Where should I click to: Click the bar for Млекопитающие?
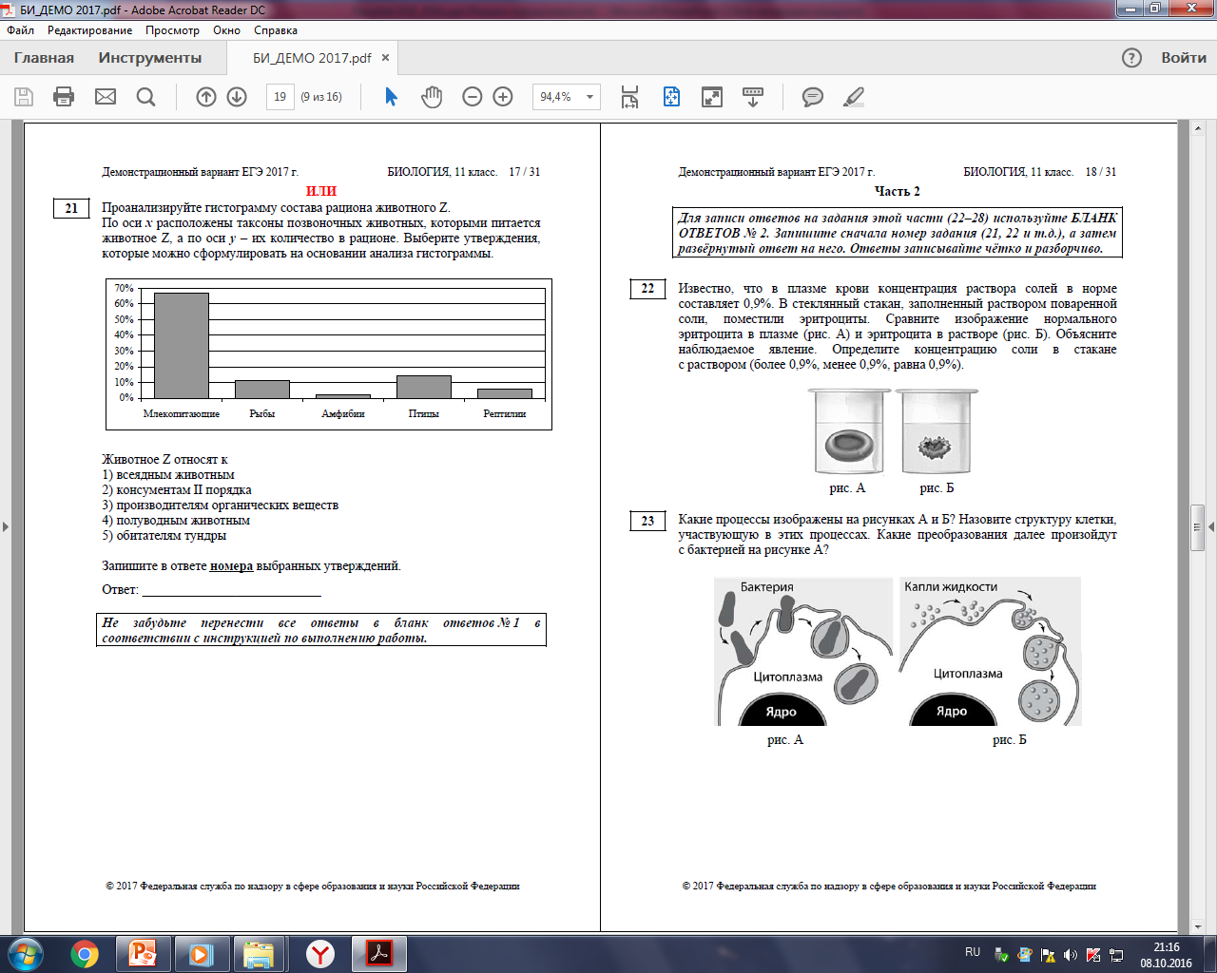pyautogui.click(x=182, y=346)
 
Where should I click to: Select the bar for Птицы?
pyautogui.click(x=424, y=388)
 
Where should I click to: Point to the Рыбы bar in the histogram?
pyautogui.click(x=262, y=390)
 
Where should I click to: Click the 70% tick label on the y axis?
pyautogui.click(x=124, y=288)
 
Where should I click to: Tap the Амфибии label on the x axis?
pyautogui.click(x=342, y=414)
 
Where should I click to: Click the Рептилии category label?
pyautogui.click(x=505, y=414)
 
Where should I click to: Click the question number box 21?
pyautogui.click(x=71, y=208)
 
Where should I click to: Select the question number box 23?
pyautogui.click(x=647, y=521)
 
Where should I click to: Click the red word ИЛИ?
pyautogui.click(x=321, y=191)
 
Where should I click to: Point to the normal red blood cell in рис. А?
pyautogui.click(x=849, y=446)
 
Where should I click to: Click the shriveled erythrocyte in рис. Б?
pyautogui.click(x=935, y=448)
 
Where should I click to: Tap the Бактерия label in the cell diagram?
pyautogui.click(x=767, y=587)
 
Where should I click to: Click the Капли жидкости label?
pyautogui.click(x=951, y=587)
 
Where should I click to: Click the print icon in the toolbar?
pyautogui.click(x=64, y=97)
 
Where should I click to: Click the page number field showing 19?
pyautogui.click(x=280, y=97)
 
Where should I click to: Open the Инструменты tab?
pyautogui.click(x=150, y=58)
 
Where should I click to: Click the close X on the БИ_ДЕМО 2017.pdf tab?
pyautogui.click(x=385, y=58)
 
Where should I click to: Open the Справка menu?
pyautogui.click(x=276, y=30)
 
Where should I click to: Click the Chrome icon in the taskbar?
pyautogui.click(x=85, y=955)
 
